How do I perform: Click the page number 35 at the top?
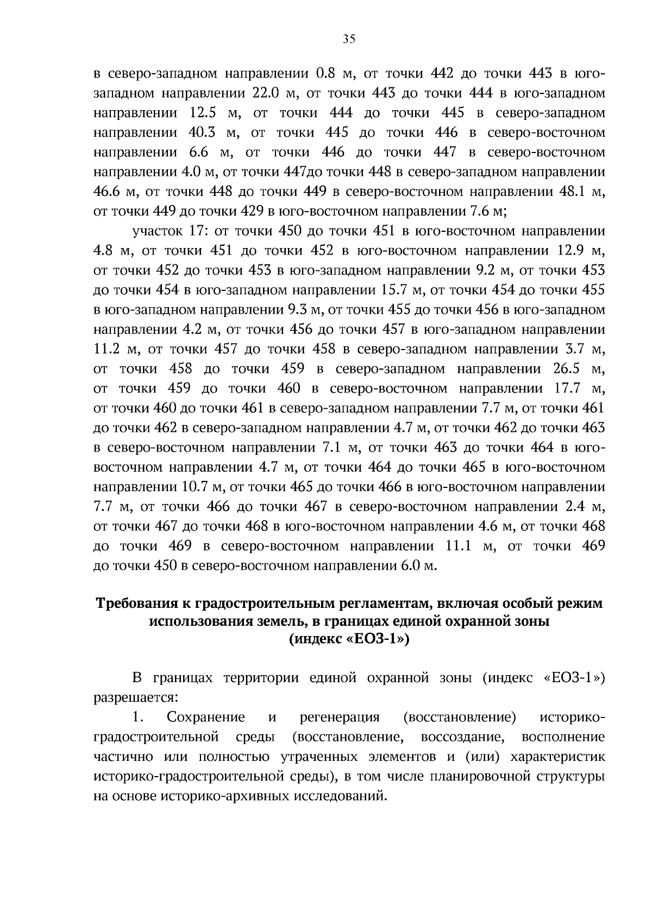(349, 39)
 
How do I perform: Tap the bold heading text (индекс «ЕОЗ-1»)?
(349, 639)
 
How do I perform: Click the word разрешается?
(128, 697)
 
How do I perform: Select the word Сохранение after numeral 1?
(206, 717)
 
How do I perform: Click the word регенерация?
(340, 717)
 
